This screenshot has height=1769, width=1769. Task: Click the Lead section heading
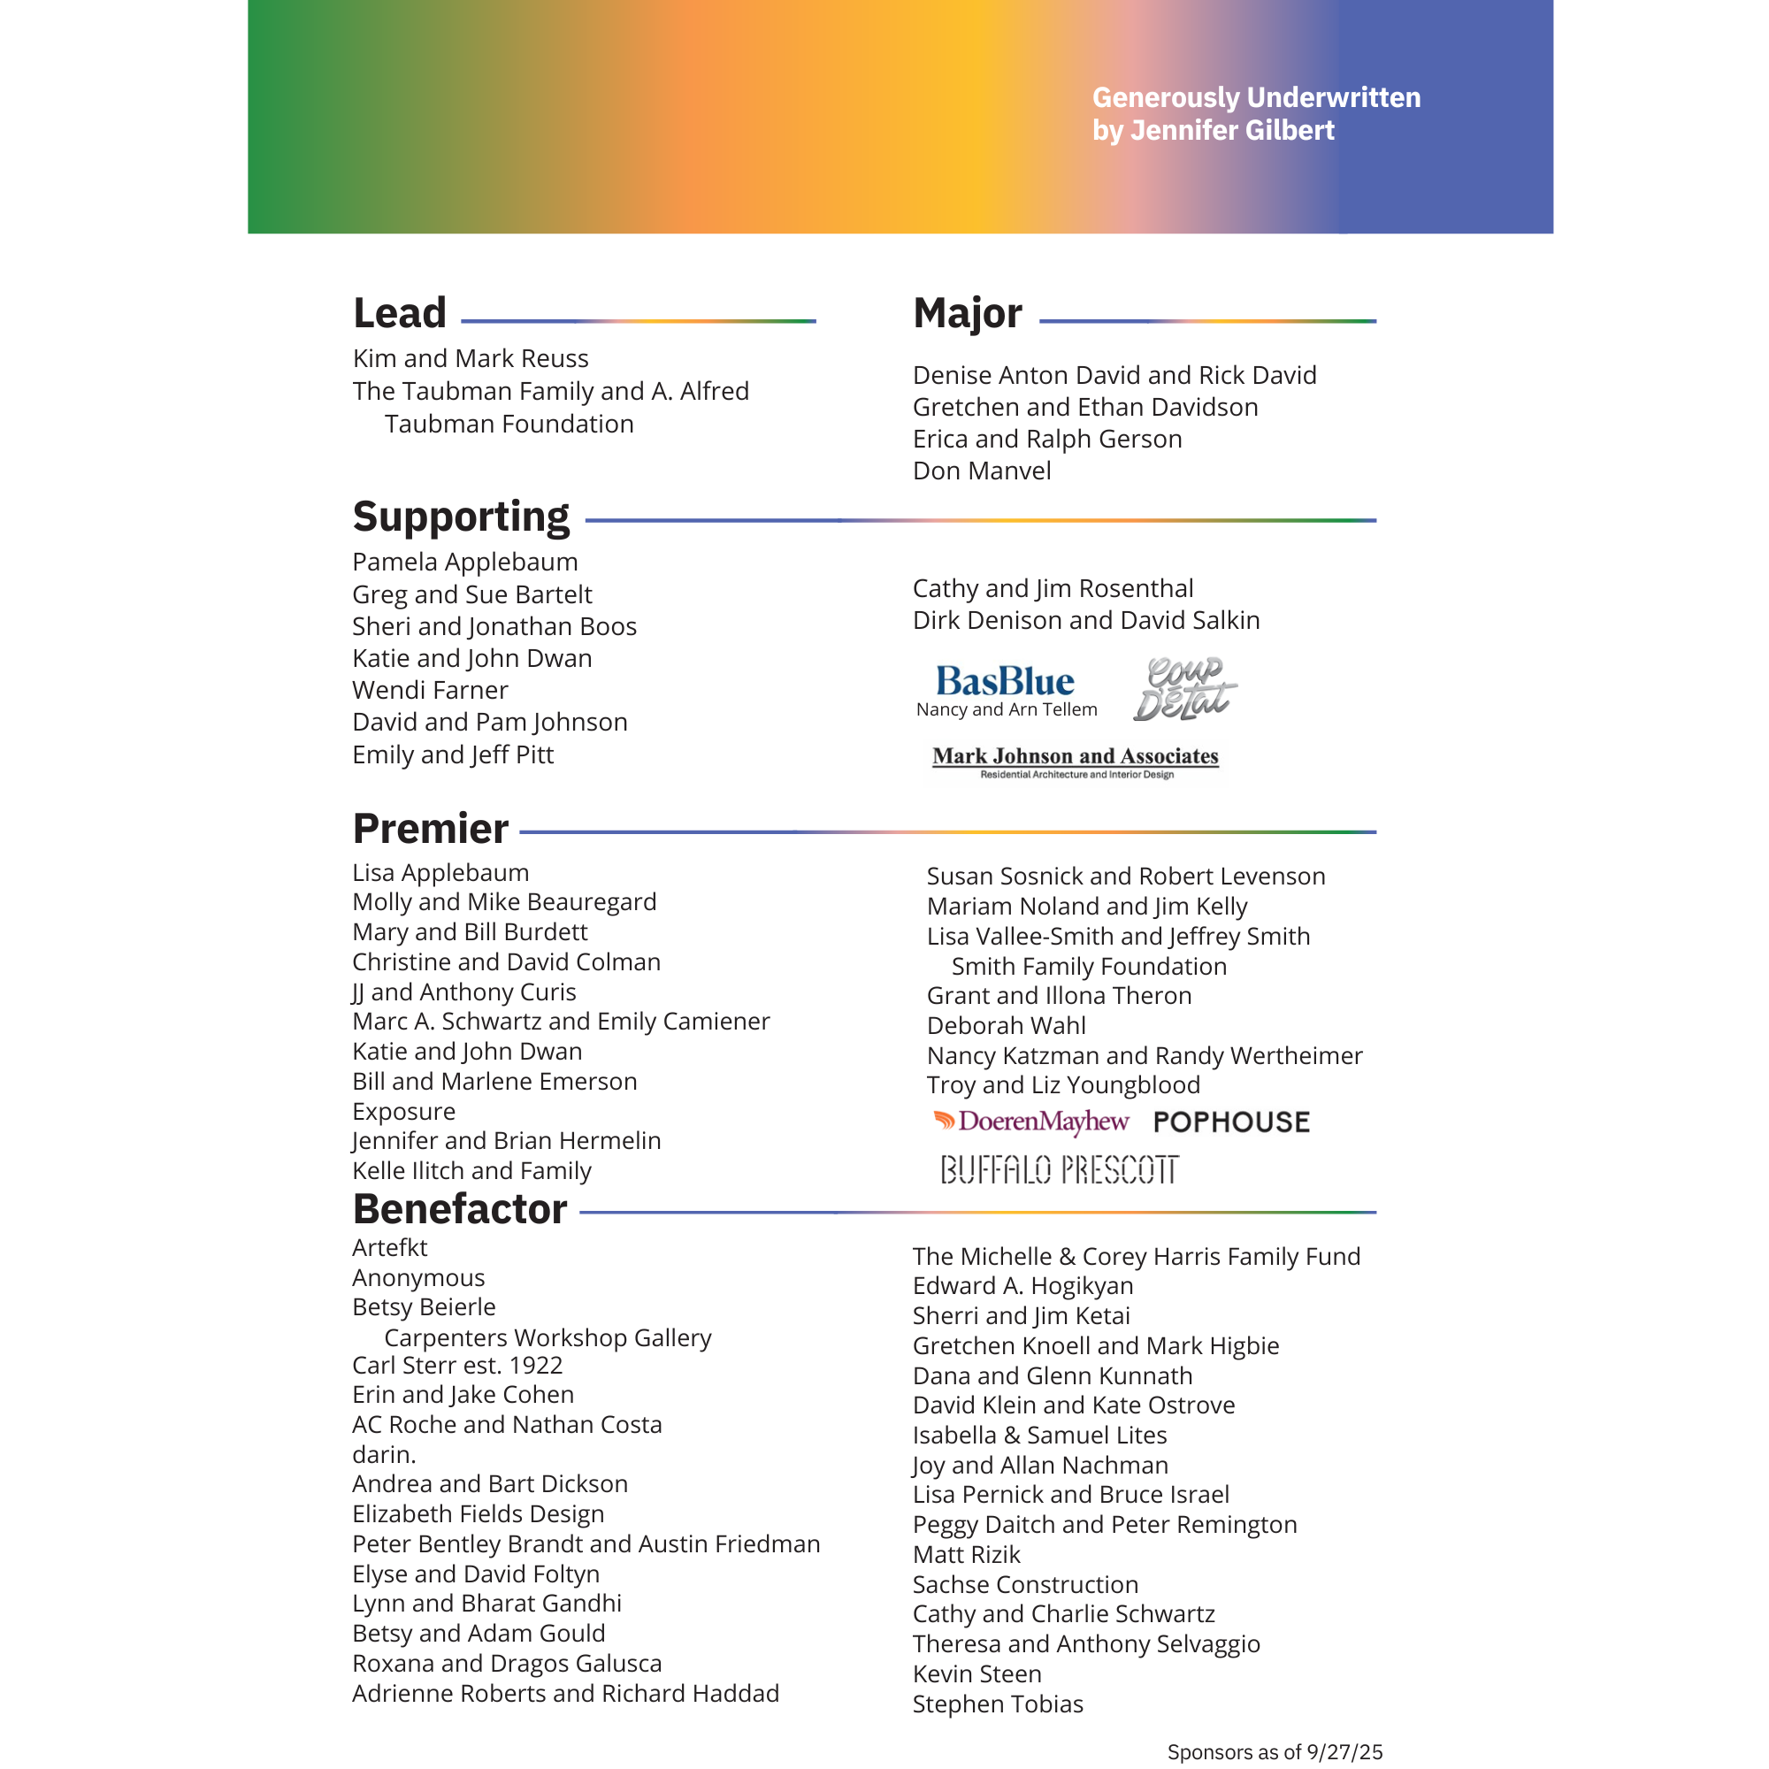pyautogui.click(x=399, y=313)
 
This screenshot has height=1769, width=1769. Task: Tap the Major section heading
pyautogui.click(x=967, y=313)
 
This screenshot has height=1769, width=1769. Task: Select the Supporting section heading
pyautogui.click(x=461, y=517)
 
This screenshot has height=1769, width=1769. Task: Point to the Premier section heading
pyautogui.click(x=431, y=829)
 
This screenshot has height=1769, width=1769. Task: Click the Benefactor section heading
pyautogui.click(x=460, y=1208)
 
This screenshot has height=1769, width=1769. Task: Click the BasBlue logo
pyautogui.click(x=1005, y=681)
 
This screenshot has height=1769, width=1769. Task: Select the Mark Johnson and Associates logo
pyautogui.click(x=1075, y=761)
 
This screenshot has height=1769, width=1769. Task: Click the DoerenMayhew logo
pyautogui.click(x=1031, y=1122)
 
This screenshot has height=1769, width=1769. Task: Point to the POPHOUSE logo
pyautogui.click(x=1230, y=1122)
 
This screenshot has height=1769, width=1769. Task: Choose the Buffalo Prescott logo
pyautogui.click(x=1060, y=1169)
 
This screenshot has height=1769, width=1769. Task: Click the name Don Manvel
pyautogui.click(x=982, y=471)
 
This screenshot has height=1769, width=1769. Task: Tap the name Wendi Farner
pyautogui.click(x=430, y=690)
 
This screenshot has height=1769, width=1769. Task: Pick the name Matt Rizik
pyautogui.click(x=966, y=1554)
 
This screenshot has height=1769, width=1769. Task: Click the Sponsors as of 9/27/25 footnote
pyautogui.click(x=1274, y=1751)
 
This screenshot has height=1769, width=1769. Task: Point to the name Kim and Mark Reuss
pyautogui.click(x=470, y=358)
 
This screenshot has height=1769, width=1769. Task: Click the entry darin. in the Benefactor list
pyautogui.click(x=384, y=1454)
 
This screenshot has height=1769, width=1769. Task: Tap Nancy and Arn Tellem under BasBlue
pyautogui.click(x=1007, y=709)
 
